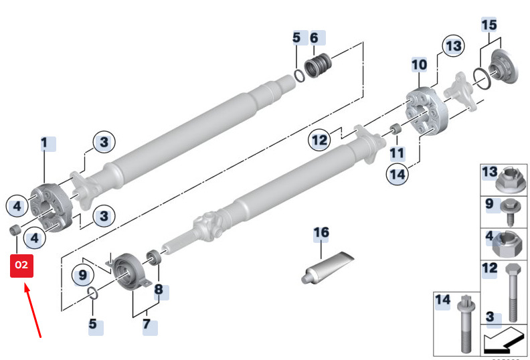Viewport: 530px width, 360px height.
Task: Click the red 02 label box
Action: click(21, 266)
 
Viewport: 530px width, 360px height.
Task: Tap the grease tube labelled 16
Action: click(327, 268)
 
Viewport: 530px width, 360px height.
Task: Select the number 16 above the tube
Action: click(321, 233)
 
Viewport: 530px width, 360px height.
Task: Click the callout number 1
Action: click(44, 143)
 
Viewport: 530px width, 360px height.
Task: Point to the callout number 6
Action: click(314, 38)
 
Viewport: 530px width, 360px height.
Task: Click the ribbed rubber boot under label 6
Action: click(318, 65)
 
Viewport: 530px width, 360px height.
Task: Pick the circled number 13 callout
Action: click(453, 46)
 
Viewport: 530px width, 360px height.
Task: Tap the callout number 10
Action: click(419, 64)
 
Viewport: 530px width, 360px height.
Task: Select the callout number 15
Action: click(489, 25)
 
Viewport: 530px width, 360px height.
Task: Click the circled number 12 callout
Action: click(319, 140)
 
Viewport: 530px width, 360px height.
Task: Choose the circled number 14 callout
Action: click(397, 175)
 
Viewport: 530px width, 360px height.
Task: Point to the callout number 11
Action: click(397, 153)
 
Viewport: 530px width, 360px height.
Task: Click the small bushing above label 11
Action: click(395, 129)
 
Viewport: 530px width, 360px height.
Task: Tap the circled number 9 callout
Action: click(83, 275)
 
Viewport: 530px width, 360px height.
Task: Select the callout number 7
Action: click(147, 324)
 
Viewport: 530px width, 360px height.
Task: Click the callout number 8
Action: click(159, 289)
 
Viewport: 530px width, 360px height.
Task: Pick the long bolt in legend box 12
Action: click(512, 292)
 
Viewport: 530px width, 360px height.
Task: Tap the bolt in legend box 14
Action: click(466, 324)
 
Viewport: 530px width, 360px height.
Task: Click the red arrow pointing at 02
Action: click(32, 311)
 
